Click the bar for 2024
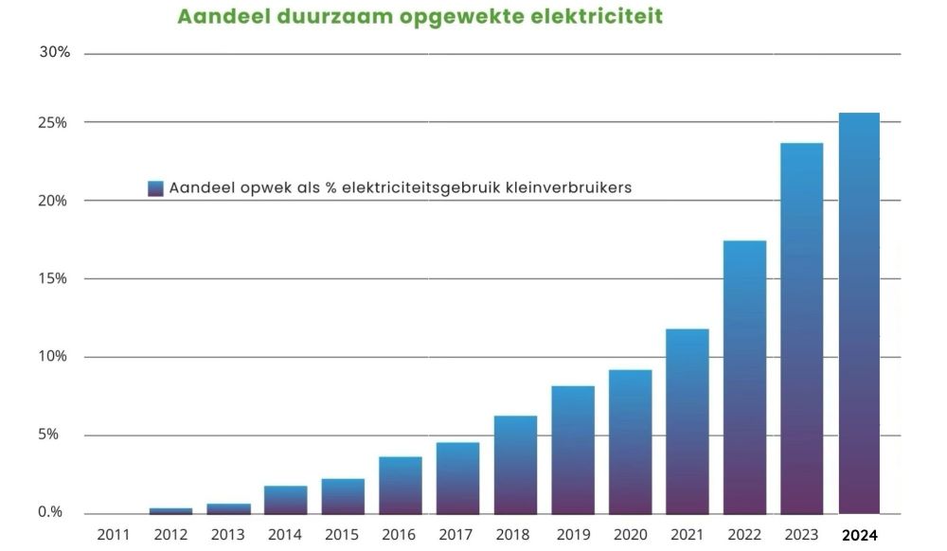859,312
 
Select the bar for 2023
801,328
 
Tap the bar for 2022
744,377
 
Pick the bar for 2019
573,449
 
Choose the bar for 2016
401,485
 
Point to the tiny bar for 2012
170,510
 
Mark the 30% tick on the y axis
55,52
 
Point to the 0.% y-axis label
50,512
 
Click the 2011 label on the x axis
114,535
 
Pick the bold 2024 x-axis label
860,535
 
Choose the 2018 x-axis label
515,535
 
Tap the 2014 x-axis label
285,535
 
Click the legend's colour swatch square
156,188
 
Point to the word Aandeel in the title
215,17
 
